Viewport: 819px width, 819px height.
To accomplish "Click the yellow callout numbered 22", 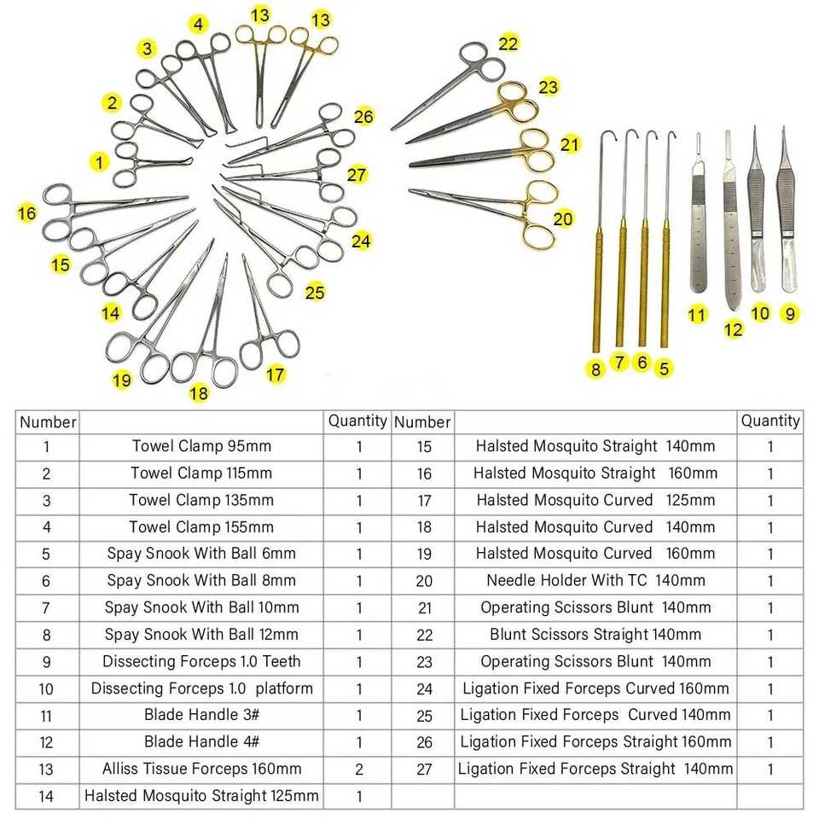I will (508, 43).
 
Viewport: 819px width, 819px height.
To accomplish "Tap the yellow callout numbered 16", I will (27, 212).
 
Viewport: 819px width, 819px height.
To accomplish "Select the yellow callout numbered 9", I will (790, 314).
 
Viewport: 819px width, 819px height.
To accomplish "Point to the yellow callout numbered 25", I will (315, 293).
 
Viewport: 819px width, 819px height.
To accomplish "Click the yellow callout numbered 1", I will (101, 161).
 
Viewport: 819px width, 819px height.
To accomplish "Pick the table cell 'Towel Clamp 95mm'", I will (201, 446).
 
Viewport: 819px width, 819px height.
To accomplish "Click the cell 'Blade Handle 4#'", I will (201, 742).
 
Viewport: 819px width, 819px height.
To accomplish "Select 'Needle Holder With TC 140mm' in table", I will (595, 581).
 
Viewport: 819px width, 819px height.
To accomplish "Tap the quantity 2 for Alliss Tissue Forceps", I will (359, 770).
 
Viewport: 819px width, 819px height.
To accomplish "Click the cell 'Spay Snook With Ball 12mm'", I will (201, 635).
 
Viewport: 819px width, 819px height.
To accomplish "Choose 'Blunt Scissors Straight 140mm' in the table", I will (595, 635).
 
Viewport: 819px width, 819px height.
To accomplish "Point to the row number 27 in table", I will (424, 770).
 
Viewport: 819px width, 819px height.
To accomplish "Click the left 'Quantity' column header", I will (357, 421).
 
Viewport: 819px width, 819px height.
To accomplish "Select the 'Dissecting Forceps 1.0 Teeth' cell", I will (201, 662).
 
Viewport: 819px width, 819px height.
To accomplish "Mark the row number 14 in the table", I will (47, 797).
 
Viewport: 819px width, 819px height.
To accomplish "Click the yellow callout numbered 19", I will (122, 380).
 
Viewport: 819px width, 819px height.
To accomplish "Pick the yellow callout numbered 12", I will (734, 329).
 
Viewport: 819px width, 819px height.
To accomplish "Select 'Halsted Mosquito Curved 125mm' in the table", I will (595, 500).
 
